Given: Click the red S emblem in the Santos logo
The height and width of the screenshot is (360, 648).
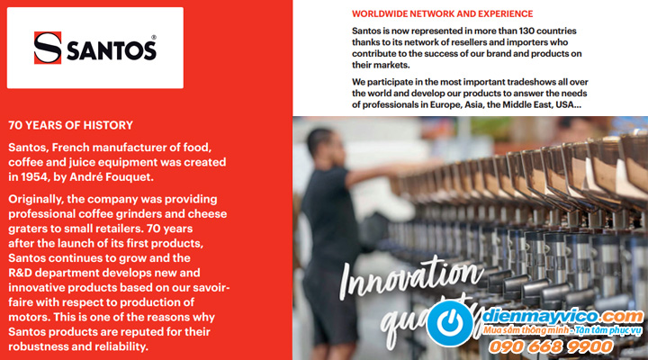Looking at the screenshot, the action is (48, 48).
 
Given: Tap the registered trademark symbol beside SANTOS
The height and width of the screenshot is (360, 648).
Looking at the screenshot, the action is (154, 37).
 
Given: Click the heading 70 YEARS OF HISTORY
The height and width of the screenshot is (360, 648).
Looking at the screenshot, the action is (71, 125).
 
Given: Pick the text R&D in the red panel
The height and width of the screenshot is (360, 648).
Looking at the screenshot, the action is (20, 273).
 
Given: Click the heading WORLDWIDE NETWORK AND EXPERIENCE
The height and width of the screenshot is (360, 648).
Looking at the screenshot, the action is (442, 13).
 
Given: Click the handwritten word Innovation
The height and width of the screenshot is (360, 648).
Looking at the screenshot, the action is (410, 274).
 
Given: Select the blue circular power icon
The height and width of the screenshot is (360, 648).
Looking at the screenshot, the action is (450, 322).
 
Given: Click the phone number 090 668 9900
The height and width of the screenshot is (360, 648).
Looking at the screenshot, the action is (551, 346).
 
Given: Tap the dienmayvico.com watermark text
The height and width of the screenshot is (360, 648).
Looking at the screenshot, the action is (562, 317).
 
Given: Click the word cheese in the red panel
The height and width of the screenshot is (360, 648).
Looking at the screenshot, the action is (208, 214).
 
